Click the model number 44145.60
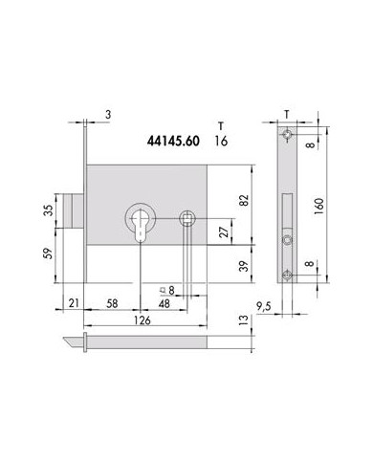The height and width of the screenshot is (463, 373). coord(173,141)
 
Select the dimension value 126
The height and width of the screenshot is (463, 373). coord(142,320)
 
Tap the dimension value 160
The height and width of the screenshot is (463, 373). coord(318,206)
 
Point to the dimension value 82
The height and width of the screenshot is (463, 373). coord(244,200)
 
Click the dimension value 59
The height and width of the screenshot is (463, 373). coord(48,254)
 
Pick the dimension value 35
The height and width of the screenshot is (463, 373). coord(48,210)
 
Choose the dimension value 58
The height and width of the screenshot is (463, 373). coord(112,303)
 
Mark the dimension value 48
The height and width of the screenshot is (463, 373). coord(165,303)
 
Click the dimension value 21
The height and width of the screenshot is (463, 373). coord(74,303)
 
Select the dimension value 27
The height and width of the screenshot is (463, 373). coord(225,232)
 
